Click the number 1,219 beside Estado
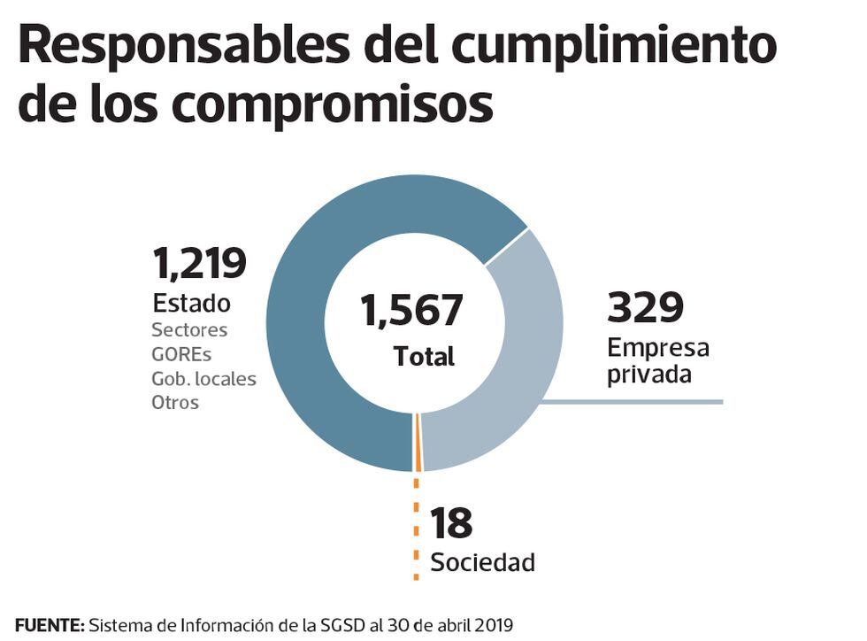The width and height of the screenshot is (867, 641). coord(199,263)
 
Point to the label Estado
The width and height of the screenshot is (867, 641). coord(191,303)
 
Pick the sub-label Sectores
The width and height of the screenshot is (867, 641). coord(189,330)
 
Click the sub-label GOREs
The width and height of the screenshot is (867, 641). coord(182,354)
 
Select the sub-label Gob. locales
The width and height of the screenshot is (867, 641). coord(203,379)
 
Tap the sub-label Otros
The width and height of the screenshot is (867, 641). coord(175,403)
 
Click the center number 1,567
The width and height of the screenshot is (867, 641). coord(411,311)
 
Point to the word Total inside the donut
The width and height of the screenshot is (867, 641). coord(424,356)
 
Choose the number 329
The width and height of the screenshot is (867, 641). coord(645,307)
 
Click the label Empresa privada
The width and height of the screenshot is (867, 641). coord(657,360)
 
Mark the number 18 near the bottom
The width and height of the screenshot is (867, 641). coord(451,523)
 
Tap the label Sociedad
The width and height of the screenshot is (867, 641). coord(482,561)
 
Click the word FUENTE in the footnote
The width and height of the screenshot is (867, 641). coord(50,625)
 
